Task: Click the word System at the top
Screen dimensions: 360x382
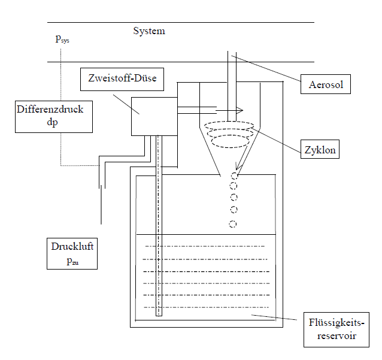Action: coord(148,31)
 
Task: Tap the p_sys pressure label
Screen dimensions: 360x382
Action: coord(62,40)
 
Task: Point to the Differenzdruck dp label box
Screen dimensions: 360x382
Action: coord(54,116)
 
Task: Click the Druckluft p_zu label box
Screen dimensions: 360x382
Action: coord(71,253)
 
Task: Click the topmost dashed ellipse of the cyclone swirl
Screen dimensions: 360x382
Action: coord(229,126)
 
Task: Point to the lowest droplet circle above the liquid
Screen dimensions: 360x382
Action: coord(233,224)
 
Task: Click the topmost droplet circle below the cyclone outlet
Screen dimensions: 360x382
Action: coord(235,176)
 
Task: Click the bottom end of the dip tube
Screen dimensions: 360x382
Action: coord(159,313)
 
